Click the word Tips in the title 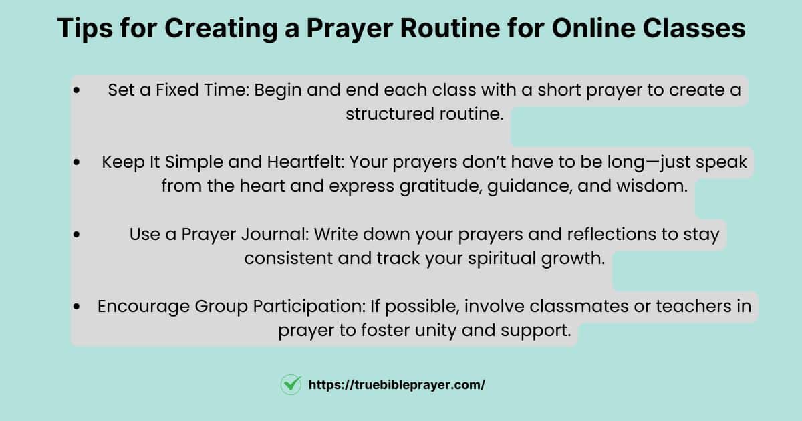pos(85,29)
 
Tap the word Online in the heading pos(593,28)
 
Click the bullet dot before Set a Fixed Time pos(76,90)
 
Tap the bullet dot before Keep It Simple pos(76,162)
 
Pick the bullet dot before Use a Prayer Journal pos(76,235)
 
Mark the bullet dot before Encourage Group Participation pos(76,307)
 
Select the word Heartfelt pos(305,162)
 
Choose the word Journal pos(275,234)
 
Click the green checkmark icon pos(291,384)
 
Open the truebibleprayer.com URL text pos(397,385)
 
